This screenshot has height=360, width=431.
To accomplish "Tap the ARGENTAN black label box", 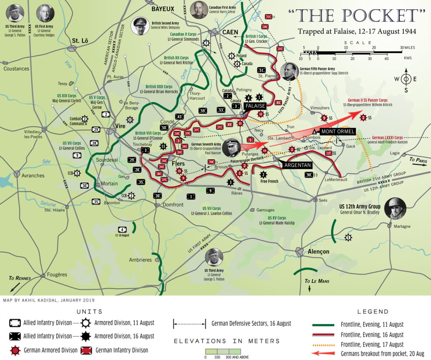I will click(x=298, y=165).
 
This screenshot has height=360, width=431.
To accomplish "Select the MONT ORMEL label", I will click(x=338, y=132).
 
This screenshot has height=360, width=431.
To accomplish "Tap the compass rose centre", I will click(x=406, y=79).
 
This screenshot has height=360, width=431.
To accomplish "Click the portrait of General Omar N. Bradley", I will click(x=395, y=208).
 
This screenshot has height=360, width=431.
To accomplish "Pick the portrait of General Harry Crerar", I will click(x=199, y=10).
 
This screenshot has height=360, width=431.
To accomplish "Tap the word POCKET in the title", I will click(x=378, y=16).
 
